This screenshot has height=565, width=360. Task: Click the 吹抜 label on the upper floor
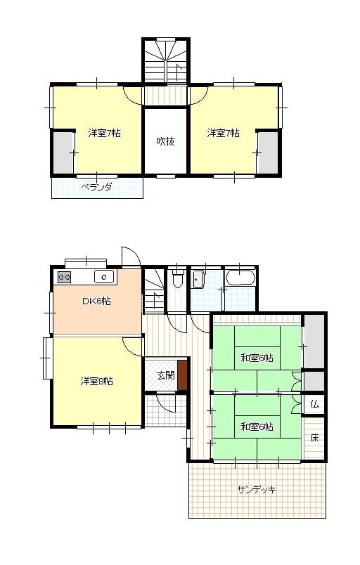pos(165,141)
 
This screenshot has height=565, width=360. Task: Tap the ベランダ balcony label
pos(96,188)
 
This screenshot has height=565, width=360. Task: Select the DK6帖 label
pos(96,301)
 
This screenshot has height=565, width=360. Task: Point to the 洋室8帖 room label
pos(96,381)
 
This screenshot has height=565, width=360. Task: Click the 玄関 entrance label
pos(166,375)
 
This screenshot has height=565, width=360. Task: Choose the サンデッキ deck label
pos(257,489)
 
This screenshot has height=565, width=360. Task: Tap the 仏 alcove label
pos(314,404)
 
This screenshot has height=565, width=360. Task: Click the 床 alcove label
pos(314,439)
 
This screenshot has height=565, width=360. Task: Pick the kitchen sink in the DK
pos(104,277)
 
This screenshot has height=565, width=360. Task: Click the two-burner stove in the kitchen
pos(65,277)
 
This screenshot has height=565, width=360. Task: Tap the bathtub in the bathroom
pos(240,278)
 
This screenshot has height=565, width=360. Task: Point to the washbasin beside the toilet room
pos(198,280)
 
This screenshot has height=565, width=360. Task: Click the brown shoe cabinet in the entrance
pos(183,375)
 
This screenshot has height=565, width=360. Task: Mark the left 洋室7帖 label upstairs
pos(105,133)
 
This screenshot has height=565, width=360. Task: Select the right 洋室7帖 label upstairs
pos(223,133)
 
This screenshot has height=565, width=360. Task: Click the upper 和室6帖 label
pos(257,358)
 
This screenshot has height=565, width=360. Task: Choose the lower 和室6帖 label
pos(257,427)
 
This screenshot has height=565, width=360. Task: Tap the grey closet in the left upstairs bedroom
pos(64,152)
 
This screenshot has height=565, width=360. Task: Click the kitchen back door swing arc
pos(136,252)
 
